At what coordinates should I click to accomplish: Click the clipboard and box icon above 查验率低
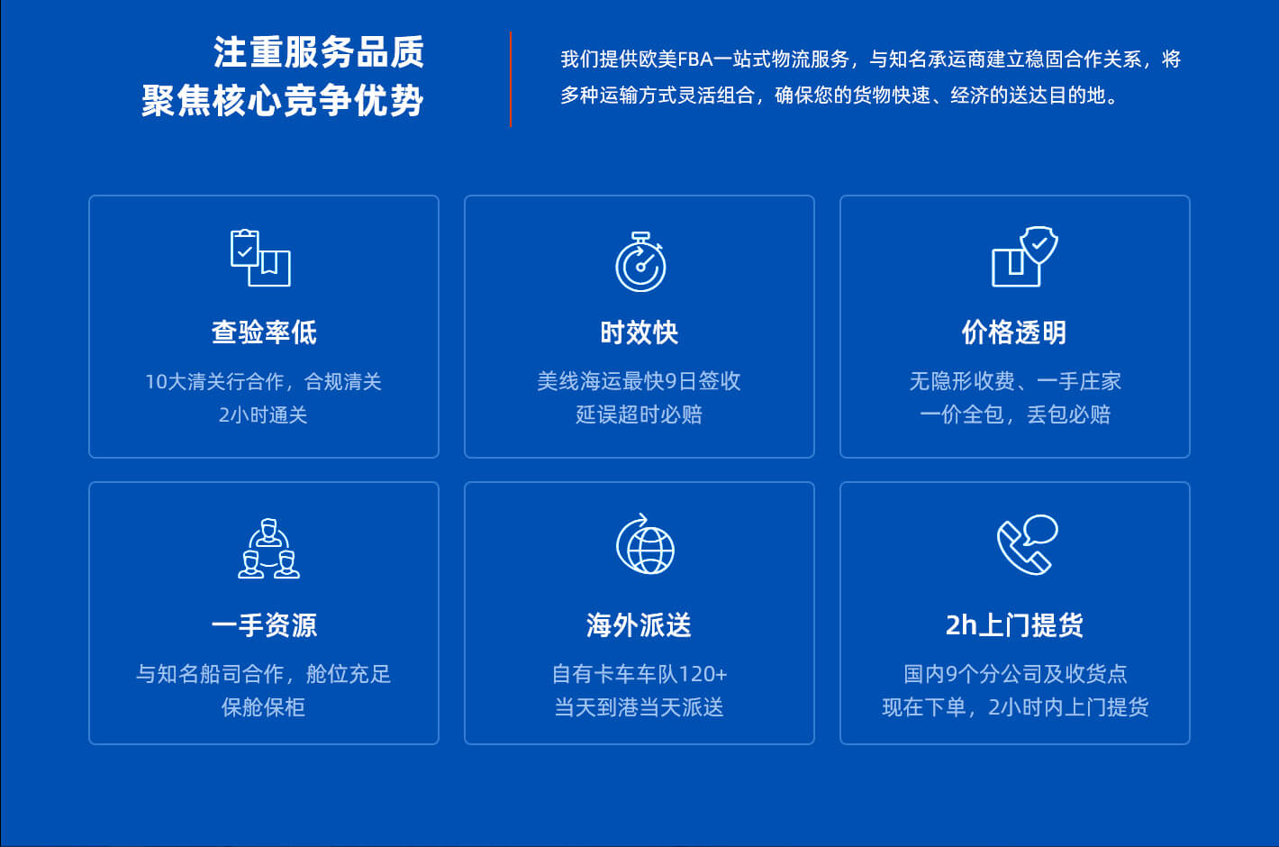click(x=260, y=258)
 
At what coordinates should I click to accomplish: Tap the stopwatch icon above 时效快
click(x=640, y=261)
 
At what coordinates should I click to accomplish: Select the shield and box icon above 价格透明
click(x=1025, y=257)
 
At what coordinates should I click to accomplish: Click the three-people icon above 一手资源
click(x=268, y=548)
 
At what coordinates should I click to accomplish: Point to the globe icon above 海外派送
click(x=645, y=543)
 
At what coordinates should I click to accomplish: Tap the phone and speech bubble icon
click(x=1027, y=544)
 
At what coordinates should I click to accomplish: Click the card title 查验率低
click(x=264, y=332)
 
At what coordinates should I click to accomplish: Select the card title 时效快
click(x=639, y=332)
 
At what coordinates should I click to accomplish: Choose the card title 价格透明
click(x=1014, y=332)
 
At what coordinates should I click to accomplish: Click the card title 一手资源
click(x=264, y=624)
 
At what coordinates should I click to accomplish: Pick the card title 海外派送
click(x=639, y=624)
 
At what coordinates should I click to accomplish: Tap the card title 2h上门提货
click(x=1014, y=624)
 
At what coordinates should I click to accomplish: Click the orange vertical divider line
click(x=511, y=79)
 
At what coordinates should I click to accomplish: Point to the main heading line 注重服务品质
click(x=319, y=52)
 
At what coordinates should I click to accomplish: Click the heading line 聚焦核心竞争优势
click(x=283, y=101)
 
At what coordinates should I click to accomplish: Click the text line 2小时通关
click(x=263, y=414)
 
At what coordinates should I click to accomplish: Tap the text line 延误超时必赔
click(x=639, y=414)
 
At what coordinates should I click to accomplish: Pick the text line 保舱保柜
click(x=263, y=707)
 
